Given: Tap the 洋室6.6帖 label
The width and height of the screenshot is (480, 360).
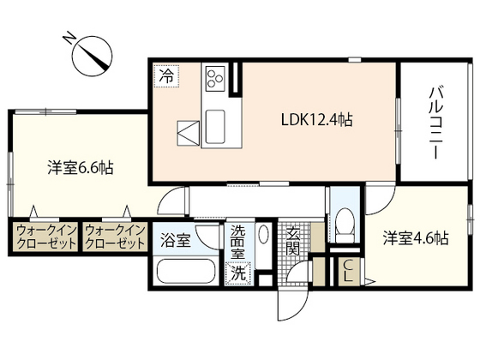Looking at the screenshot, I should click(81, 168).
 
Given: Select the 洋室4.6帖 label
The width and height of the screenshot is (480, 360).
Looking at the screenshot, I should click(417, 237).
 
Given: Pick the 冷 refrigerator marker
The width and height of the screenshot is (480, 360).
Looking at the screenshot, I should click(165, 75).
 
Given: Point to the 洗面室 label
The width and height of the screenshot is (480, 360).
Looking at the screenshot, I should click(238, 243).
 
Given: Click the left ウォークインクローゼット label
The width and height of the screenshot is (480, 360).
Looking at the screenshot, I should click(43, 237).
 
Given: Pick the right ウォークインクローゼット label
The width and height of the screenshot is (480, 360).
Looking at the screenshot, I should click(114, 237).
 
